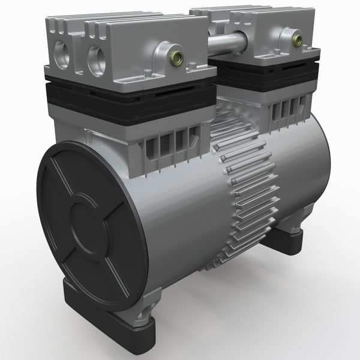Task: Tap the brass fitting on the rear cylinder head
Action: (x=296, y=40)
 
